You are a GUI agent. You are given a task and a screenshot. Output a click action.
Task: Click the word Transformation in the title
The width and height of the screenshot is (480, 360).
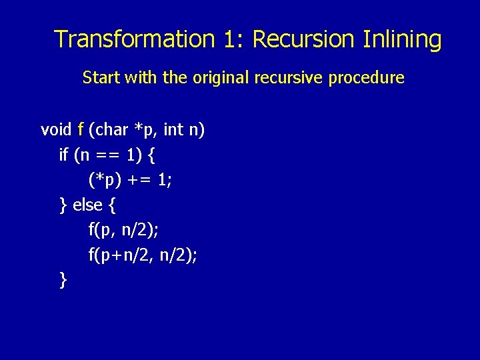[134, 39]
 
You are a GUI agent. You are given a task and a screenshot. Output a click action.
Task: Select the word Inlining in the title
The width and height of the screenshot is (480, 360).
[402, 39]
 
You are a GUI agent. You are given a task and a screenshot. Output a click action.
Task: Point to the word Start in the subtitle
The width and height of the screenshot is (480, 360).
[98, 77]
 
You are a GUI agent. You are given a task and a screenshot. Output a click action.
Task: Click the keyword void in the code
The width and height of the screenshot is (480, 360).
[56, 129]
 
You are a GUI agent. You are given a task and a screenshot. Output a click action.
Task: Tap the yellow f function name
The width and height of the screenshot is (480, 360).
[81, 129]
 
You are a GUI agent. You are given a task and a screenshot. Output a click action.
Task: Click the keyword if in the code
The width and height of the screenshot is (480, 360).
[64, 155]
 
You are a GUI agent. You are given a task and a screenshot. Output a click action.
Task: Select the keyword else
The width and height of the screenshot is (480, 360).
[87, 205]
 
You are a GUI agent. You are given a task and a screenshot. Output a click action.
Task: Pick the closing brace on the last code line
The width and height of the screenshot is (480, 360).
[63, 280]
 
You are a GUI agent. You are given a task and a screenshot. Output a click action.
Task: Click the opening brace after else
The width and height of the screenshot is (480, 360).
[111, 205]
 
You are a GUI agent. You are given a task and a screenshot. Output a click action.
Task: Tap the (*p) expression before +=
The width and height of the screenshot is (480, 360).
[104, 180]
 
